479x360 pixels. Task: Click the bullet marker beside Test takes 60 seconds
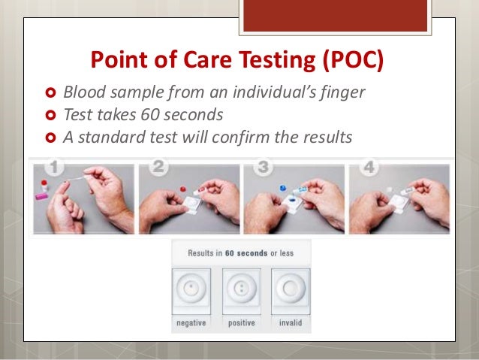51,115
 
